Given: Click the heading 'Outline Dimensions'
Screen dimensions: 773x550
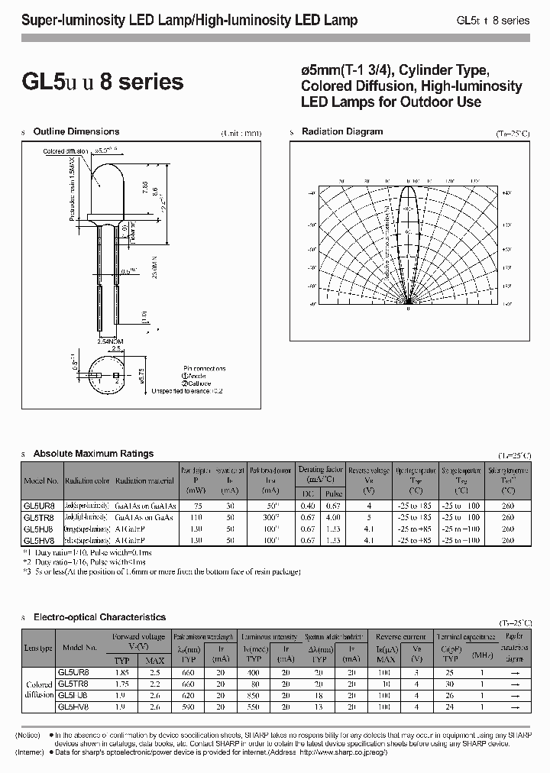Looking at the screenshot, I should (76, 132).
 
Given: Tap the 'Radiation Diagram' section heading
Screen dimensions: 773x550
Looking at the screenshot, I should (342, 132).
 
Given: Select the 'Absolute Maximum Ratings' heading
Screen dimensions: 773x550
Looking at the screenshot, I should (94, 454).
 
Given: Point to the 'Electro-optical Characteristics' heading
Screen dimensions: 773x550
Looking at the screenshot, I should (100, 616).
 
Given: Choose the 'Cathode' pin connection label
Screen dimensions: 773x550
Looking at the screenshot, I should (196, 383).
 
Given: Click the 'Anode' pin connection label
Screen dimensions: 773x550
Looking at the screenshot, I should (196, 375).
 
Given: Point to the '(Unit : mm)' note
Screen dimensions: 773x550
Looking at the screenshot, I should (241, 133).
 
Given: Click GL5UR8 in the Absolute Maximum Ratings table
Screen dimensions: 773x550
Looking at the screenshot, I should (39, 506).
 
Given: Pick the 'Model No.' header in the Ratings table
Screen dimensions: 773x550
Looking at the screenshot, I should (41, 481).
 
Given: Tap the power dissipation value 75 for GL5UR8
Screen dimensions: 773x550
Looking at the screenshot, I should (198, 506).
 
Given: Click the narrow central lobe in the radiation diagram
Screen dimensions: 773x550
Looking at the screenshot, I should (409, 244).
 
